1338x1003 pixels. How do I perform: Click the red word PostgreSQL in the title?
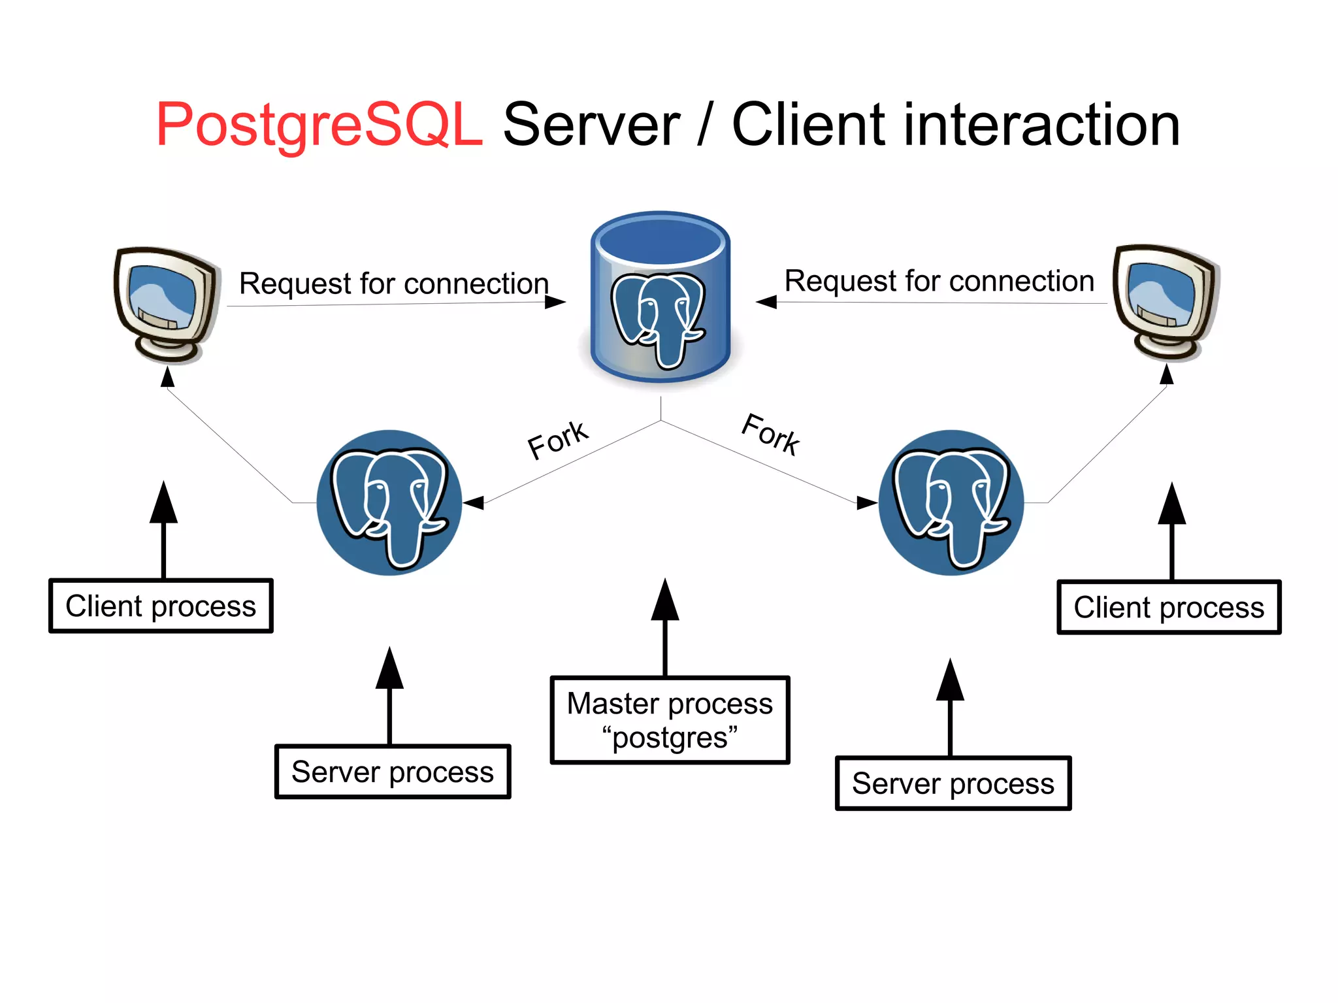tap(319, 125)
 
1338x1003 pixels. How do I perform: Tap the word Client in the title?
tap(809, 125)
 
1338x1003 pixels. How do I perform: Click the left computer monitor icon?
tap(165, 304)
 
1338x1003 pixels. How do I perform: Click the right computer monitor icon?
tap(1166, 302)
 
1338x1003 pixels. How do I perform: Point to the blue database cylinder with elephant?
tap(661, 297)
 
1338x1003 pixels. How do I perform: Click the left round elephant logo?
tap(389, 502)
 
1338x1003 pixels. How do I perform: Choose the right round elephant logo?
tap(951, 502)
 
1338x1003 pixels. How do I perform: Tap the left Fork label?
tap(557, 440)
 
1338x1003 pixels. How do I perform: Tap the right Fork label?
tap(771, 435)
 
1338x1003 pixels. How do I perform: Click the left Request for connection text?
tap(394, 284)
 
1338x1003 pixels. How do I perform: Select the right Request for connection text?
tap(939, 281)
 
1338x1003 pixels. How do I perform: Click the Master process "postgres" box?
tap(670, 719)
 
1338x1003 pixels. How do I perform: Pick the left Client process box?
tap(161, 606)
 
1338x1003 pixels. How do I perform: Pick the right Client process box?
tap(1169, 607)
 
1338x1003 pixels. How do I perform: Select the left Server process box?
tap(392, 772)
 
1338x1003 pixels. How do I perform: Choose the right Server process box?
tap(953, 783)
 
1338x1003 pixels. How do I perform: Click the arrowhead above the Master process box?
tap(665, 601)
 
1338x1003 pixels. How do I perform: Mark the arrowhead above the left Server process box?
tap(389, 670)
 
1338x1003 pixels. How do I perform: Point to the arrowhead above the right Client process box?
tap(1172, 505)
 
